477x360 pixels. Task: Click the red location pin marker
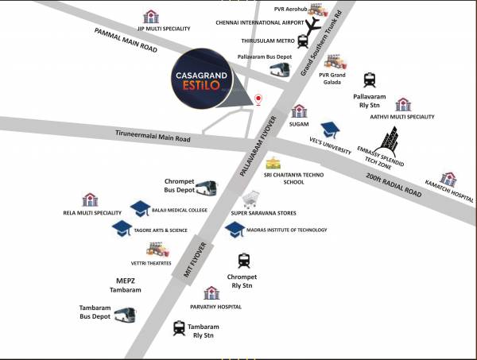point(258,99)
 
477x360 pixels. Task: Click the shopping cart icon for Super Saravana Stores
point(251,198)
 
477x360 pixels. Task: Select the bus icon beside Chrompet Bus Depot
point(206,188)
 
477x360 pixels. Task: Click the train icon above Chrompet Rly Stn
point(244,260)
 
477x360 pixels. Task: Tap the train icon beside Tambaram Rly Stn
point(180,327)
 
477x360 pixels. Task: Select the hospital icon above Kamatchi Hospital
point(448,180)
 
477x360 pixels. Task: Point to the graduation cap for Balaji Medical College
point(141,209)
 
